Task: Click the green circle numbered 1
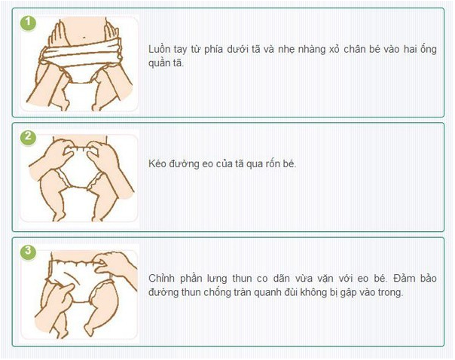point(28,23)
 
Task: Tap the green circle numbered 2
point(28,137)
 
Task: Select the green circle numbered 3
point(28,252)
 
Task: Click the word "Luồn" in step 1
point(159,49)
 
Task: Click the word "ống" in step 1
point(429,49)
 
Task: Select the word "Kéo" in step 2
point(157,164)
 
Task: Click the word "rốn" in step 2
point(266,164)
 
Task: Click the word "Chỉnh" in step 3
point(161,279)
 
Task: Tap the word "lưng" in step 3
point(217,279)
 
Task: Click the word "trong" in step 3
point(390,293)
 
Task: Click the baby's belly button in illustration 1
point(84,37)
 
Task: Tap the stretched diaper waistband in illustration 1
point(81,54)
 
